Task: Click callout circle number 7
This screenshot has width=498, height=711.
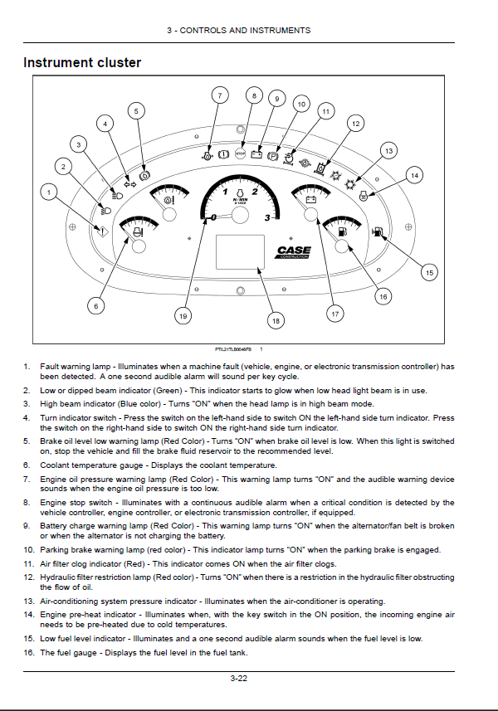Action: tap(220, 95)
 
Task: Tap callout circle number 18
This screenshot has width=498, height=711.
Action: tap(276, 319)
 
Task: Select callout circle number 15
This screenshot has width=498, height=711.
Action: tap(429, 271)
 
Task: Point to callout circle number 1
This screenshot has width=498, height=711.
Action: tap(50, 193)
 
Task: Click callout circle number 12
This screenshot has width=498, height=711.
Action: tap(354, 124)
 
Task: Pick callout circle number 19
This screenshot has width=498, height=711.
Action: tap(183, 315)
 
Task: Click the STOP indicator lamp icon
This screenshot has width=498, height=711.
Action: tap(241, 153)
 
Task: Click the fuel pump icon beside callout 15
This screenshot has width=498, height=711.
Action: tap(378, 233)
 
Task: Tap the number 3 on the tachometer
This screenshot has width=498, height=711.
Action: tap(266, 218)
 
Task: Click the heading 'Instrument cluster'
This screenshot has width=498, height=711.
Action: tap(82, 62)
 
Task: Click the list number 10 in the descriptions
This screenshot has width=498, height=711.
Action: tap(28, 550)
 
